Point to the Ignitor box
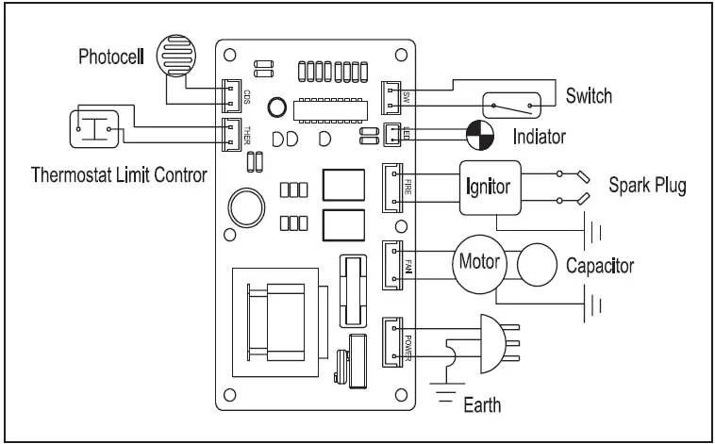point(490,186)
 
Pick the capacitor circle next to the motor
point(535,267)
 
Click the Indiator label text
point(539,137)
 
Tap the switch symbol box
point(511,107)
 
